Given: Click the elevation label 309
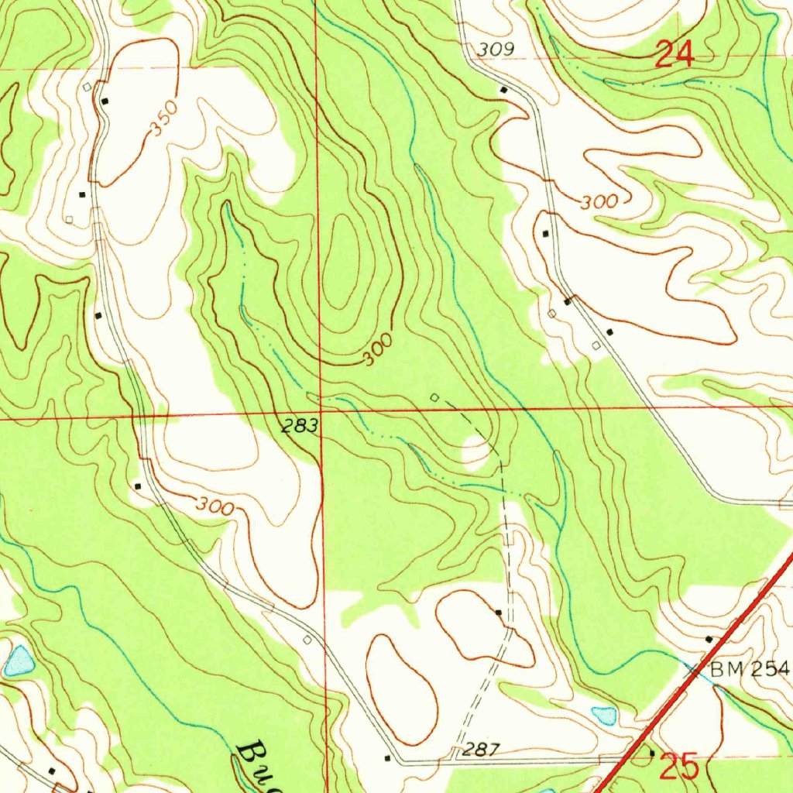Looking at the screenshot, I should pyautogui.click(x=496, y=50).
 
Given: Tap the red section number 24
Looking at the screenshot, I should pyautogui.click(x=674, y=55).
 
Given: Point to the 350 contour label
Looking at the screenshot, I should pyautogui.click(x=164, y=119).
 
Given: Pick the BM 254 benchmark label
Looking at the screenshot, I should pyautogui.click(x=749, y=670).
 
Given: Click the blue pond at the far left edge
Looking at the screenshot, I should pyautogui.click(x=18, y=661).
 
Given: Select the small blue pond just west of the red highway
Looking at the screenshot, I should pyautogui.click(x=604, y=715).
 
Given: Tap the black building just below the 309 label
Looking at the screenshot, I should pyautogui.click(x=503, y=91).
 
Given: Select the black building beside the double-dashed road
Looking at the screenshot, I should pyautogui.click(x=499, y=613).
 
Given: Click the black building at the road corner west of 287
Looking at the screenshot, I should pyautogui.click(x=387, y=758).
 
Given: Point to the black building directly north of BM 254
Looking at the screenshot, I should pyautogui.click(x=709, y=639).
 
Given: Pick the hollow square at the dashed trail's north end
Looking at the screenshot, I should pyautogui.click(x=434, y=397).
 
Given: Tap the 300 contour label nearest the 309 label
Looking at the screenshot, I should pyautogui.click(x=599, y=203).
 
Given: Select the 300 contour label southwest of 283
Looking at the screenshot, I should pyautogui.click(x=215, y=507).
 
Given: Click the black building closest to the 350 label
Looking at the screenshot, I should pyautogui.click(x=105, y=101).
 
